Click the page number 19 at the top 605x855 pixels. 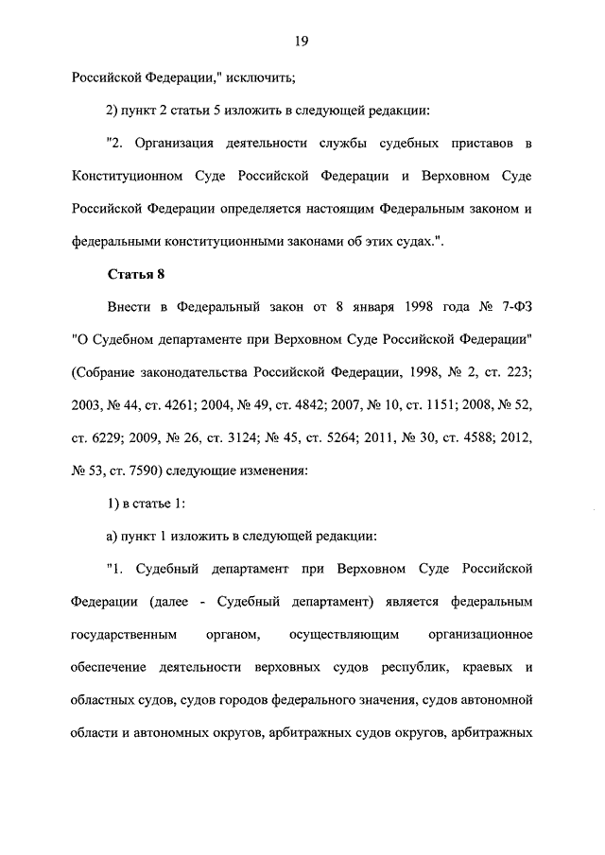pyautogui.click(x=302, y=40)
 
